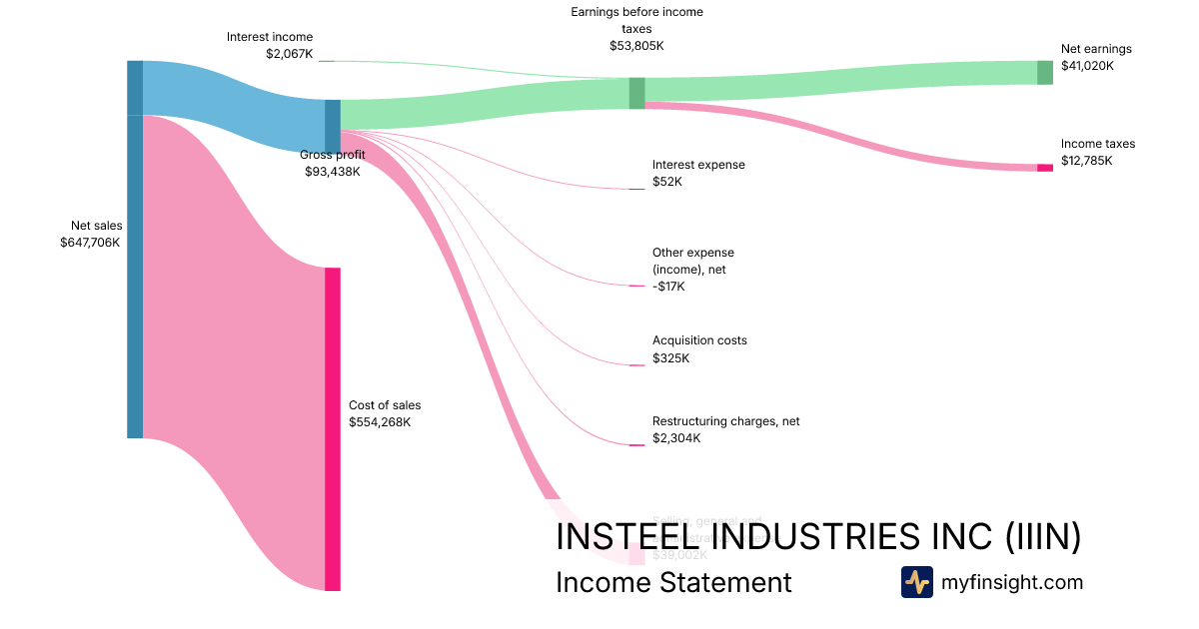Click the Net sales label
pyautogui.click(x=96, y=226)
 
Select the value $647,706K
pyautogui.click(x=90, y=243)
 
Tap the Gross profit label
pyautogui.click(x=333, y=155)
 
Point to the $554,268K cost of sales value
pyautogui.click(x=380, y=422)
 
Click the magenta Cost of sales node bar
pyautogui.click(x=333, y=429)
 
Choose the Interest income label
pyautogui.click(x=270, y=37)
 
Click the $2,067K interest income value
pyautogui.click(x=289, y=54)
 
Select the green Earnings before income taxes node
pyautogui.click(x=636, y=93)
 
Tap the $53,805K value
pyautogui.click(x=636, y=46)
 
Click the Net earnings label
pyautogui.click(x=1096, y=49)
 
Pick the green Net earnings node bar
pyautogui.click(x=1045, y=72)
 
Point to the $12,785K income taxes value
pyautogui.click(x=1086, y=161)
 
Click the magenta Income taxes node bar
pyautogui.click(x=1045, y=168)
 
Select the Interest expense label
pyautogui.click(x=698, y=165)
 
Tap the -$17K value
pyautogui.click(x=669, y=288)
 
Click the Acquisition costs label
pyautogui.click(x=699, y=340)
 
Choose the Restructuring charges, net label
pyautogui.click(x=725, y=421)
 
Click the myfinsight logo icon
pyautogui.click(x=916, y=582)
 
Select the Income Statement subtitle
pyautogui.click(x=673, y=582)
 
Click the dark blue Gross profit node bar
pyautogui.click(x=333, y=127)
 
